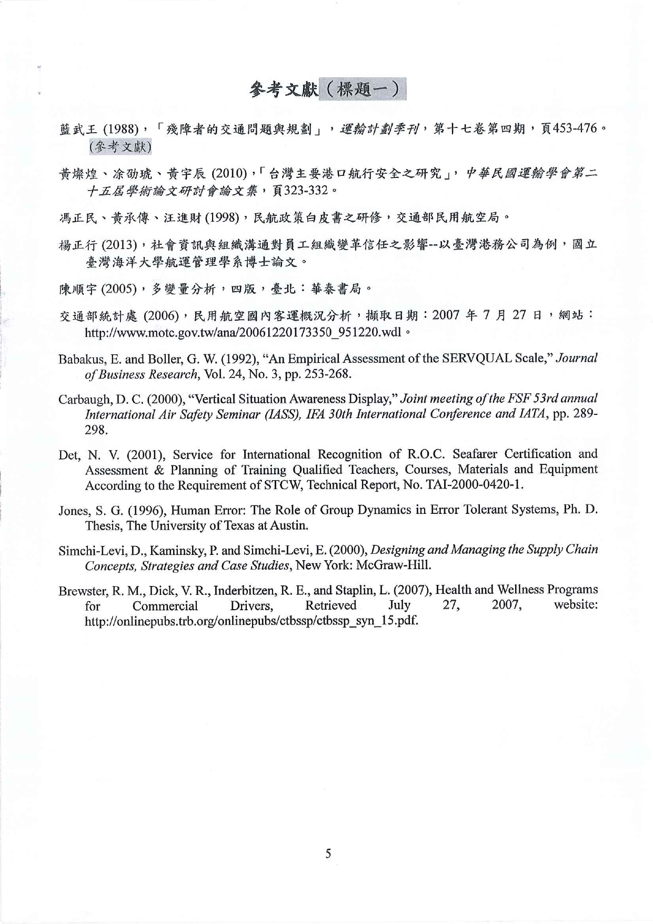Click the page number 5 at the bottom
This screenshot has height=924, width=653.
click(328, 853)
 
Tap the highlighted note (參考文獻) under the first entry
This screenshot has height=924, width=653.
click(120, 146)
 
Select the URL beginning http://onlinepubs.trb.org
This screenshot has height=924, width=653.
click(252, 621)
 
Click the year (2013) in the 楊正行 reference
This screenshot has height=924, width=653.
click(120, 245)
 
